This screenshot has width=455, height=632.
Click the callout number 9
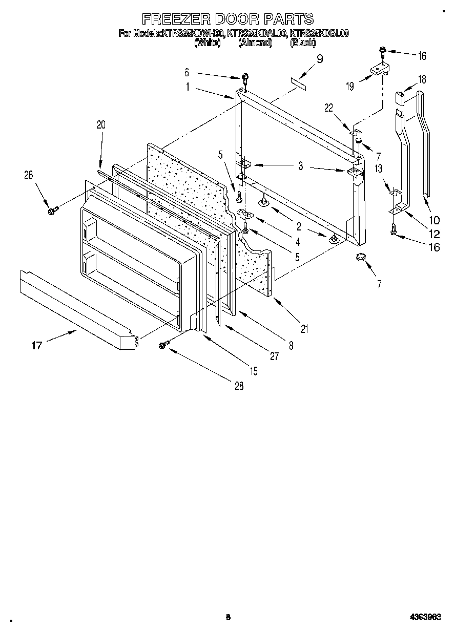pyautogui.click(x=320, y=59)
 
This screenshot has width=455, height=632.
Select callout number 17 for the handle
pyautogui.click(x=36, y=346)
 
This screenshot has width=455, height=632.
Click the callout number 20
pyautogui.click(x=101, y=124)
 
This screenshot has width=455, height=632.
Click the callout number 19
pyautogui.click(x=350, y=86)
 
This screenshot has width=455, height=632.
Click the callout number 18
pyautogui.click(x=422, y=79)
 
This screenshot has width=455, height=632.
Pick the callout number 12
pyautogui.click(x=433, y=234)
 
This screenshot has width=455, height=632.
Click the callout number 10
pyautogui.click(x=433, y=221)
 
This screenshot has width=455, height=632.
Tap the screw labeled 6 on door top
pyautogui.click(x=246, y=78)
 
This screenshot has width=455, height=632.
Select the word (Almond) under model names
pyautogui.click(x=255, y=44)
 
